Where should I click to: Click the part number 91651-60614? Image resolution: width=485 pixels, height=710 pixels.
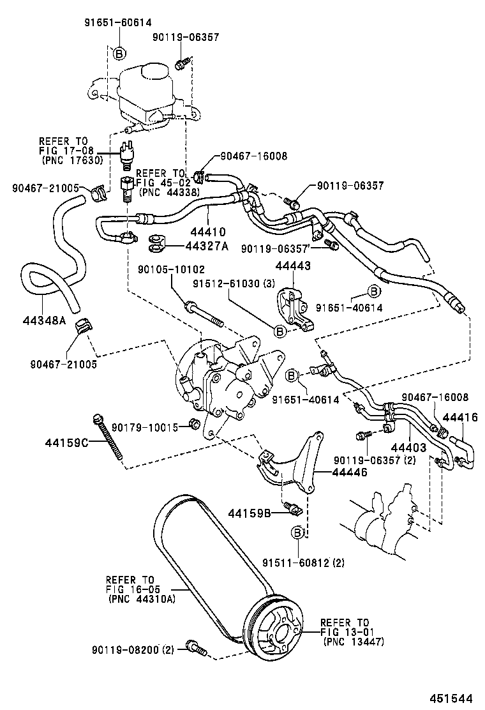[x=117, y=22]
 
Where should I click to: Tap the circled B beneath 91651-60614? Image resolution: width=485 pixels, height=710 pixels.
[x=118, y=52]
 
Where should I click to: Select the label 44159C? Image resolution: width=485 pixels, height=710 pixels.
[x=66, y=441]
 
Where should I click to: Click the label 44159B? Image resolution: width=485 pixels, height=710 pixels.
[x=250, y=513]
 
